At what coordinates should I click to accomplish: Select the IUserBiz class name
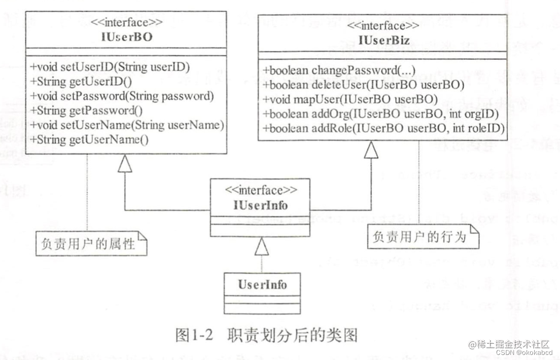click(383, 40)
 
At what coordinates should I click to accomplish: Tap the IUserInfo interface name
click(261, 205)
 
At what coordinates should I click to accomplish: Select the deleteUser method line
click(364, 85)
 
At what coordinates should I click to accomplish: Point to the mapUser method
click(350, 99)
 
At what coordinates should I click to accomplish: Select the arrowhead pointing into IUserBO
click(125, 165)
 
